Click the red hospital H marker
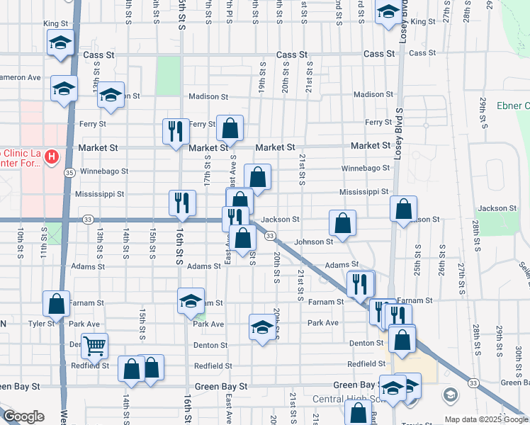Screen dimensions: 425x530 [51, 157]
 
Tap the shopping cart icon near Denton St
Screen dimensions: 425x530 [94, 346]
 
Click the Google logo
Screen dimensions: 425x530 [23, 416]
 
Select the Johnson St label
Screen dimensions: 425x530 [314, 242]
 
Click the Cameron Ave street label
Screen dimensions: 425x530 [20, 77]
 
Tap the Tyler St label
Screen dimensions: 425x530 [42, 323]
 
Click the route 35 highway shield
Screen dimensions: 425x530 [69, 172]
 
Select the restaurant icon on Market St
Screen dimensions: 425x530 [176, 130]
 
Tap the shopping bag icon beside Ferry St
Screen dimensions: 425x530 [230, 128]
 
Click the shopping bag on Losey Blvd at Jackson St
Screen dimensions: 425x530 [403, 209]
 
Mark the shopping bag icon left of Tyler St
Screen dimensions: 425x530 [57, 304]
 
